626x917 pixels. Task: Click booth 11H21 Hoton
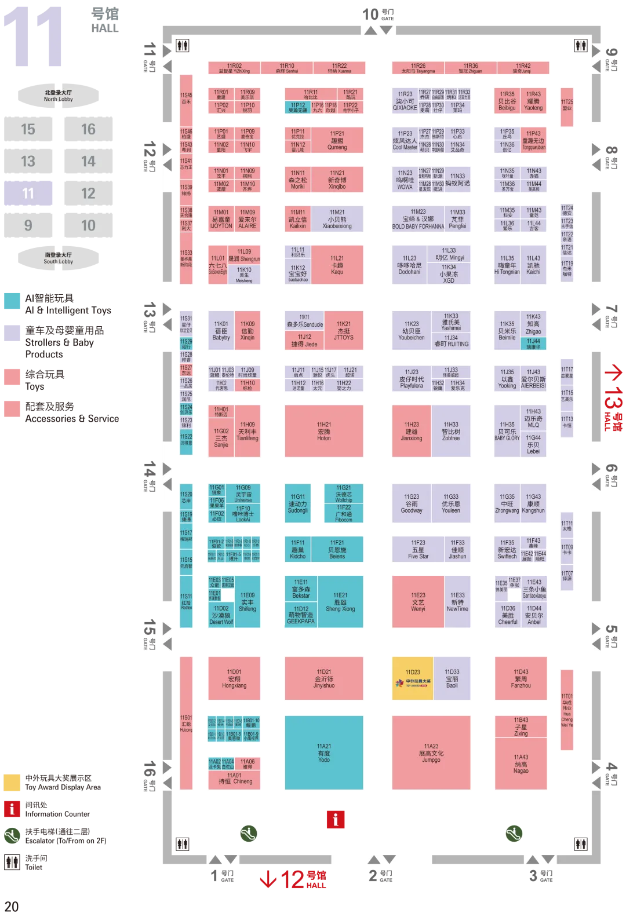[324, 431]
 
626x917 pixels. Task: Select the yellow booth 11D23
[412, 677]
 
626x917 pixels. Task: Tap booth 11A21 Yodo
[324, 752]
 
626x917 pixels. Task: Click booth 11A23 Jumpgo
[431, 752]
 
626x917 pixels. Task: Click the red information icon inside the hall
[335, 819]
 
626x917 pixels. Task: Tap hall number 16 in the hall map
[88, 129]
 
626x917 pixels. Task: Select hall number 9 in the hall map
[28, 225]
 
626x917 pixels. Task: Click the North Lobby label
[58, 96]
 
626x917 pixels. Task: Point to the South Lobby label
[58, 258]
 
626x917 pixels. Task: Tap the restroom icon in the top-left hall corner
[182, 46]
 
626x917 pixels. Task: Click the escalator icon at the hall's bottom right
[514, 834]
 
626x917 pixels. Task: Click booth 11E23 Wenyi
[418, 602]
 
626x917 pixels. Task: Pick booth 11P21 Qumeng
[337, 141]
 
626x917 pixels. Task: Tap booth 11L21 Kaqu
[337, 265]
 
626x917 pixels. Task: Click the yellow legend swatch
[13, 782]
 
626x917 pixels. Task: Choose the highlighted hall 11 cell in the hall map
[28, 193]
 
